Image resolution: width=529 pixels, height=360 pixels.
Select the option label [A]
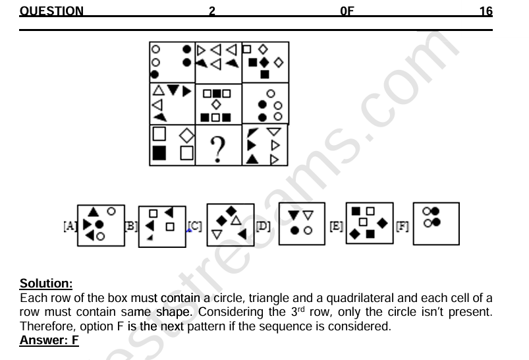click(70, 226)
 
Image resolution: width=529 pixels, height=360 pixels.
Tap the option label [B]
click(131, 226)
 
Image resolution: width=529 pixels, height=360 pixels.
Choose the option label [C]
click(195, 226)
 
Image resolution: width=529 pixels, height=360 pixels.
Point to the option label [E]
click(336, 226)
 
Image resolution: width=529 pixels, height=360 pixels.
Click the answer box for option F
click(435, 224)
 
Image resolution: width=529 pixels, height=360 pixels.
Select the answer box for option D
click(302, 224)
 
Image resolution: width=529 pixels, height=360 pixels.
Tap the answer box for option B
click(161, 225)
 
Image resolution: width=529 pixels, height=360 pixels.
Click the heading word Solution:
click(46, 284)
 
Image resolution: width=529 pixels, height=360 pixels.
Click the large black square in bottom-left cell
click(159, 154)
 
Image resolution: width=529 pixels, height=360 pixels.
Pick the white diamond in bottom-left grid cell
click(186, 135)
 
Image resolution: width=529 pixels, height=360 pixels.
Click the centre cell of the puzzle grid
click(219, 104)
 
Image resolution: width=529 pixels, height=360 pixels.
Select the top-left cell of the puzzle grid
click(173, 62)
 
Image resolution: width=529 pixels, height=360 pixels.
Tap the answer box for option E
click(369, 224)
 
